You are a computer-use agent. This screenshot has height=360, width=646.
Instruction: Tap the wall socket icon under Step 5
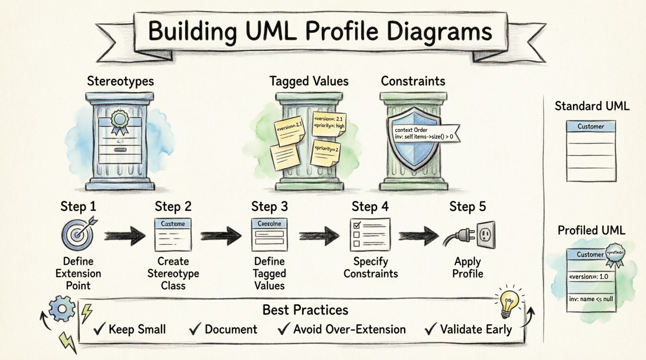pos(486,234)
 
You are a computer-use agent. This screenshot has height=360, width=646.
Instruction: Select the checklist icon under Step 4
pos(370,234)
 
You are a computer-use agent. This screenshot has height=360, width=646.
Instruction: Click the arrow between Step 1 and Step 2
pos(124,235)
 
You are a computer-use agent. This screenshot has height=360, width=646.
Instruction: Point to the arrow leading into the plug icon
pos(419,235)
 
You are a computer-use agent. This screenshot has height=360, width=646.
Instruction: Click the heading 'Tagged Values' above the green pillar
pos(309,81)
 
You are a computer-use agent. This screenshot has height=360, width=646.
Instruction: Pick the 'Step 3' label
pos(269,206)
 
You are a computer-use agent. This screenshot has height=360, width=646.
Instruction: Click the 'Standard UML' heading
pos(592,106)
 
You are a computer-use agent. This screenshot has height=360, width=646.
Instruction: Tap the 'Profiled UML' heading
pos(591,230)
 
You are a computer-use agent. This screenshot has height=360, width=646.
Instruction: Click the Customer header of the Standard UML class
pos(591,126)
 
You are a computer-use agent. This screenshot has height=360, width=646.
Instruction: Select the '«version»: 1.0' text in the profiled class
pos(589,277)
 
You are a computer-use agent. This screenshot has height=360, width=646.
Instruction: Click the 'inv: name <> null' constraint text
pos(591,299)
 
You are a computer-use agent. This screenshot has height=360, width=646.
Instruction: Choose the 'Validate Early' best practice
pos(476,329)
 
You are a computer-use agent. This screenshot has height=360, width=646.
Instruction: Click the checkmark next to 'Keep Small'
pos(100,329)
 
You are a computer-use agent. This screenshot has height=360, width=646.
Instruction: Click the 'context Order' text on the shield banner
pos(411,130)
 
